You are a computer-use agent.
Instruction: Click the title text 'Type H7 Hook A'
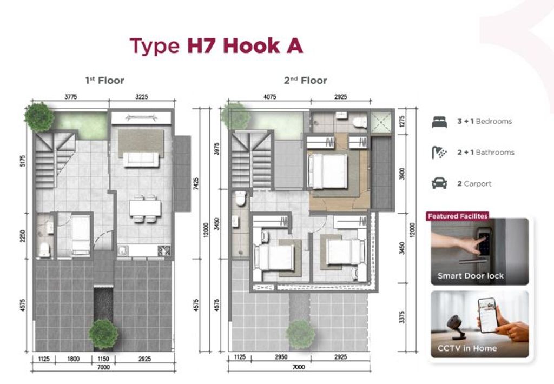[x=216, y=46]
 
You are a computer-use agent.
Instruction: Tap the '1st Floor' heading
[x=104, y=81]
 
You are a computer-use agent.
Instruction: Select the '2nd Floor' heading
[x=306, y=81]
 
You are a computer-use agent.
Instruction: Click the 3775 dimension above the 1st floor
[x=71, y=97]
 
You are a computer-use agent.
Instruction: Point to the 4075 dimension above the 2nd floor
[x=269, y=97]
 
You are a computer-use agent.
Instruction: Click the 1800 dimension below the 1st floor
[x=73, y=359]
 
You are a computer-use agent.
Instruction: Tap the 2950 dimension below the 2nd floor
[x=281, y=357]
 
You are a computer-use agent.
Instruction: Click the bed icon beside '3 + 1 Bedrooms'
[x=439, y=122]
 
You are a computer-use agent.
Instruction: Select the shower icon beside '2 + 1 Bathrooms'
[x=439, y=153]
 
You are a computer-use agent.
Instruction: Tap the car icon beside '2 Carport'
[x=439, y=183]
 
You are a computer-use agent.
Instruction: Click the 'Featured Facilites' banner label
[x=458, y=216]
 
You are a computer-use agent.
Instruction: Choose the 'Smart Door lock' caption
[x=471, y=275]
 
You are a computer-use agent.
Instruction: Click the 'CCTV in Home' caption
[x=467, y=348]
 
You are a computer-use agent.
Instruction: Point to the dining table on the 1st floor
[x=145, y=208]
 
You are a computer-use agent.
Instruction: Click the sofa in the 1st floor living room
[x=141, y=160]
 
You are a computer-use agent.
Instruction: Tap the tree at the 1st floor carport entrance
[x=103, y=334]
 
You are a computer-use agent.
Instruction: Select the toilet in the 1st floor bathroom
[x=44, y=249]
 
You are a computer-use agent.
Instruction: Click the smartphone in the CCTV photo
[x=488, y=315]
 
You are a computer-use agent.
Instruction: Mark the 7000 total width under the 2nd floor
[x=299, y=367]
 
